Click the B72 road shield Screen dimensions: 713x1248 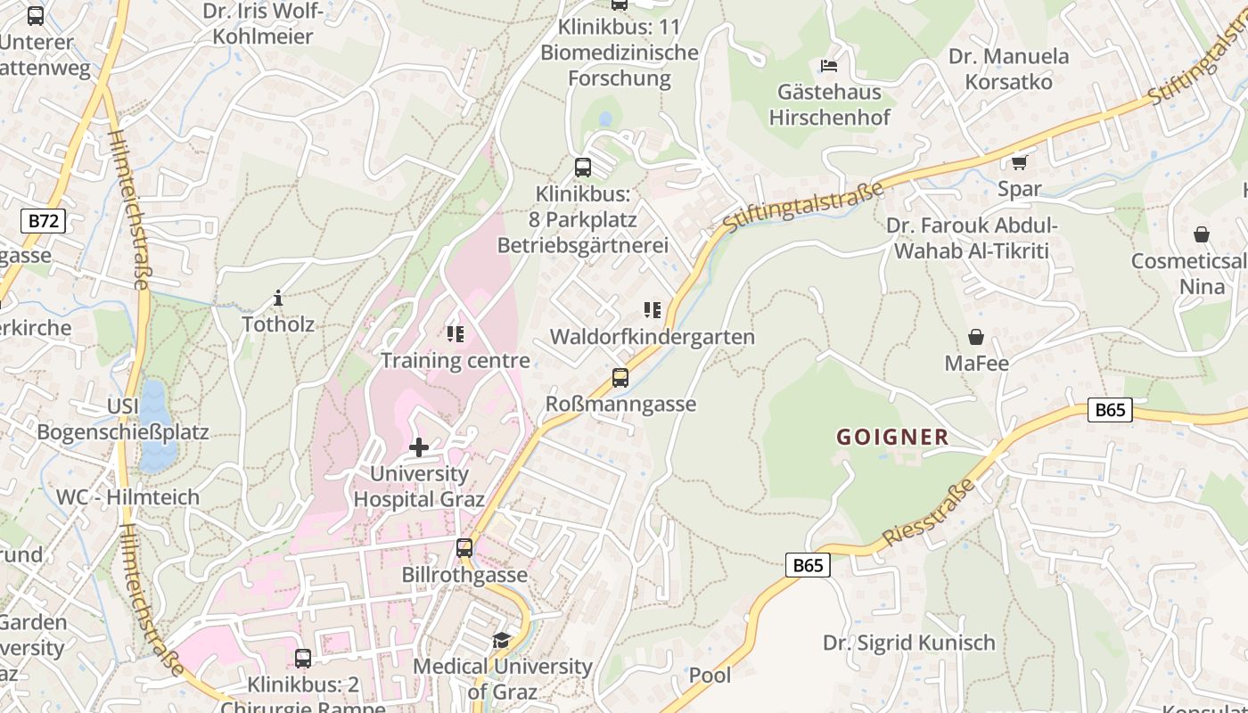click(43, 221)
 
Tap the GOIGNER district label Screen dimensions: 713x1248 click(892, 437)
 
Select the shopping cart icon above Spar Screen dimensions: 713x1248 click(1019, 162)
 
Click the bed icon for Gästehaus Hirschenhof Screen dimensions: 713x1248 click(829, 66)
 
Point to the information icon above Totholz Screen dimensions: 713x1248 click(278, 298)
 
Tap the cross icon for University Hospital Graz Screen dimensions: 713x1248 click(418, 447)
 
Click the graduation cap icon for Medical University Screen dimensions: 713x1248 click(502, 640)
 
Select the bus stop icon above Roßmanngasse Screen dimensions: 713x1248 click(620, 378)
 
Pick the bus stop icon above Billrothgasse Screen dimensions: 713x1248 click(464, 548)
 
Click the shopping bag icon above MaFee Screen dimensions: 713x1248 click(976, 337)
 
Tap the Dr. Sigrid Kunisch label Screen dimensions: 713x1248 click(908, 643)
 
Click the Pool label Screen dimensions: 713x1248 click(710, 676)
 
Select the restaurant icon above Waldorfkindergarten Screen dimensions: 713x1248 click(653, 310)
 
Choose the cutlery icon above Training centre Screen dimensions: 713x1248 click(456, 334)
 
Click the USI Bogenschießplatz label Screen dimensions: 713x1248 click(123, 420)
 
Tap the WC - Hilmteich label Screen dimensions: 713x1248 click(127, 497)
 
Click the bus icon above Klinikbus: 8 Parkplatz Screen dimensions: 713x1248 click(582, 167)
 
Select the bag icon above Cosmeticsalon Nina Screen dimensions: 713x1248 click(1202, 234)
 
